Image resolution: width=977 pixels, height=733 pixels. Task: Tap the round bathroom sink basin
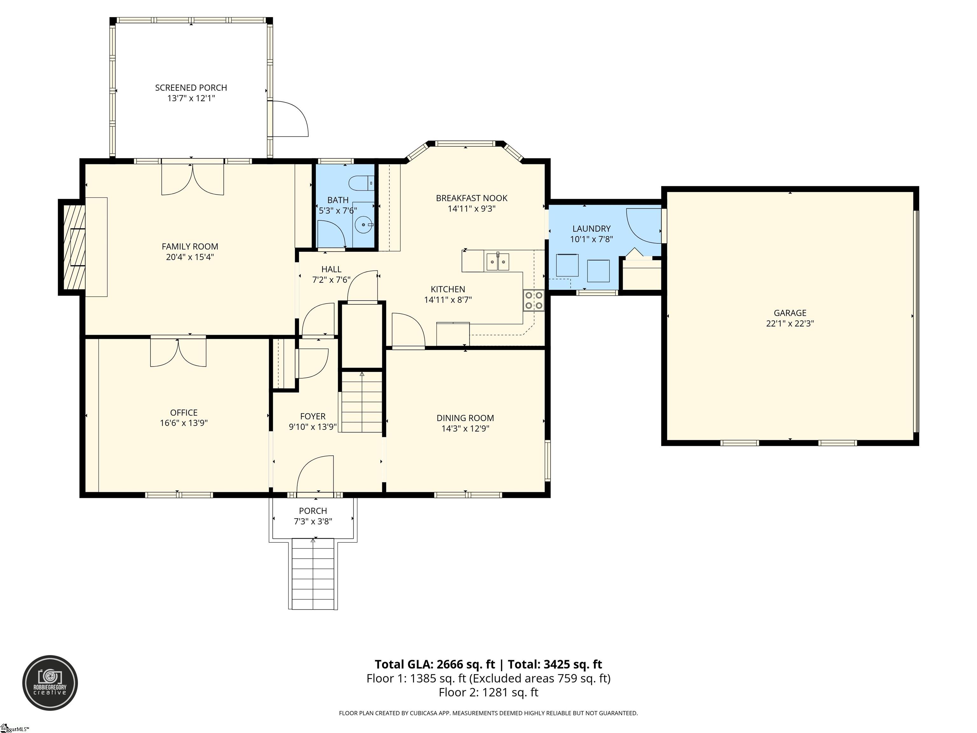[x=364, y=225]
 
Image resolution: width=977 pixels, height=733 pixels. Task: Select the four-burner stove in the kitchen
[x=534, y=300]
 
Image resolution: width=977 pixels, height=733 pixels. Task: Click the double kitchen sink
[x=498, y=262]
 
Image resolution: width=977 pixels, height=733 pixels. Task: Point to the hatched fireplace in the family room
[x=74, y=247]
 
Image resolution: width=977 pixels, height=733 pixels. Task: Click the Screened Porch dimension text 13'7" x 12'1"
[x=191, y=98]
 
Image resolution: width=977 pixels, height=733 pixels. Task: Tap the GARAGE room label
[x=790, y=313]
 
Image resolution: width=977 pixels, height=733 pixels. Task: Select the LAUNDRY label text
[x=592, y=228]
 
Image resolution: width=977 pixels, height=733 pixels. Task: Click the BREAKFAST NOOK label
[x=471, y=198]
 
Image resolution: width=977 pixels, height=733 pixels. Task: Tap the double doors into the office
[x=178, y=352]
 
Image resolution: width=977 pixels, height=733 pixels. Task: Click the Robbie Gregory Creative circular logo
[x=50, y=683]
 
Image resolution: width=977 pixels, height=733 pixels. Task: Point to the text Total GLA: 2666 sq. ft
[x=435, y=664]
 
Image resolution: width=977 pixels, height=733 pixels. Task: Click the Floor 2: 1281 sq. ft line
[x=488, y=692]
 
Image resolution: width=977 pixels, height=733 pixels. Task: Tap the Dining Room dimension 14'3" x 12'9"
[x=465, y=428]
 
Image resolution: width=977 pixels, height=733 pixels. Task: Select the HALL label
[x=331, y=269]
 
